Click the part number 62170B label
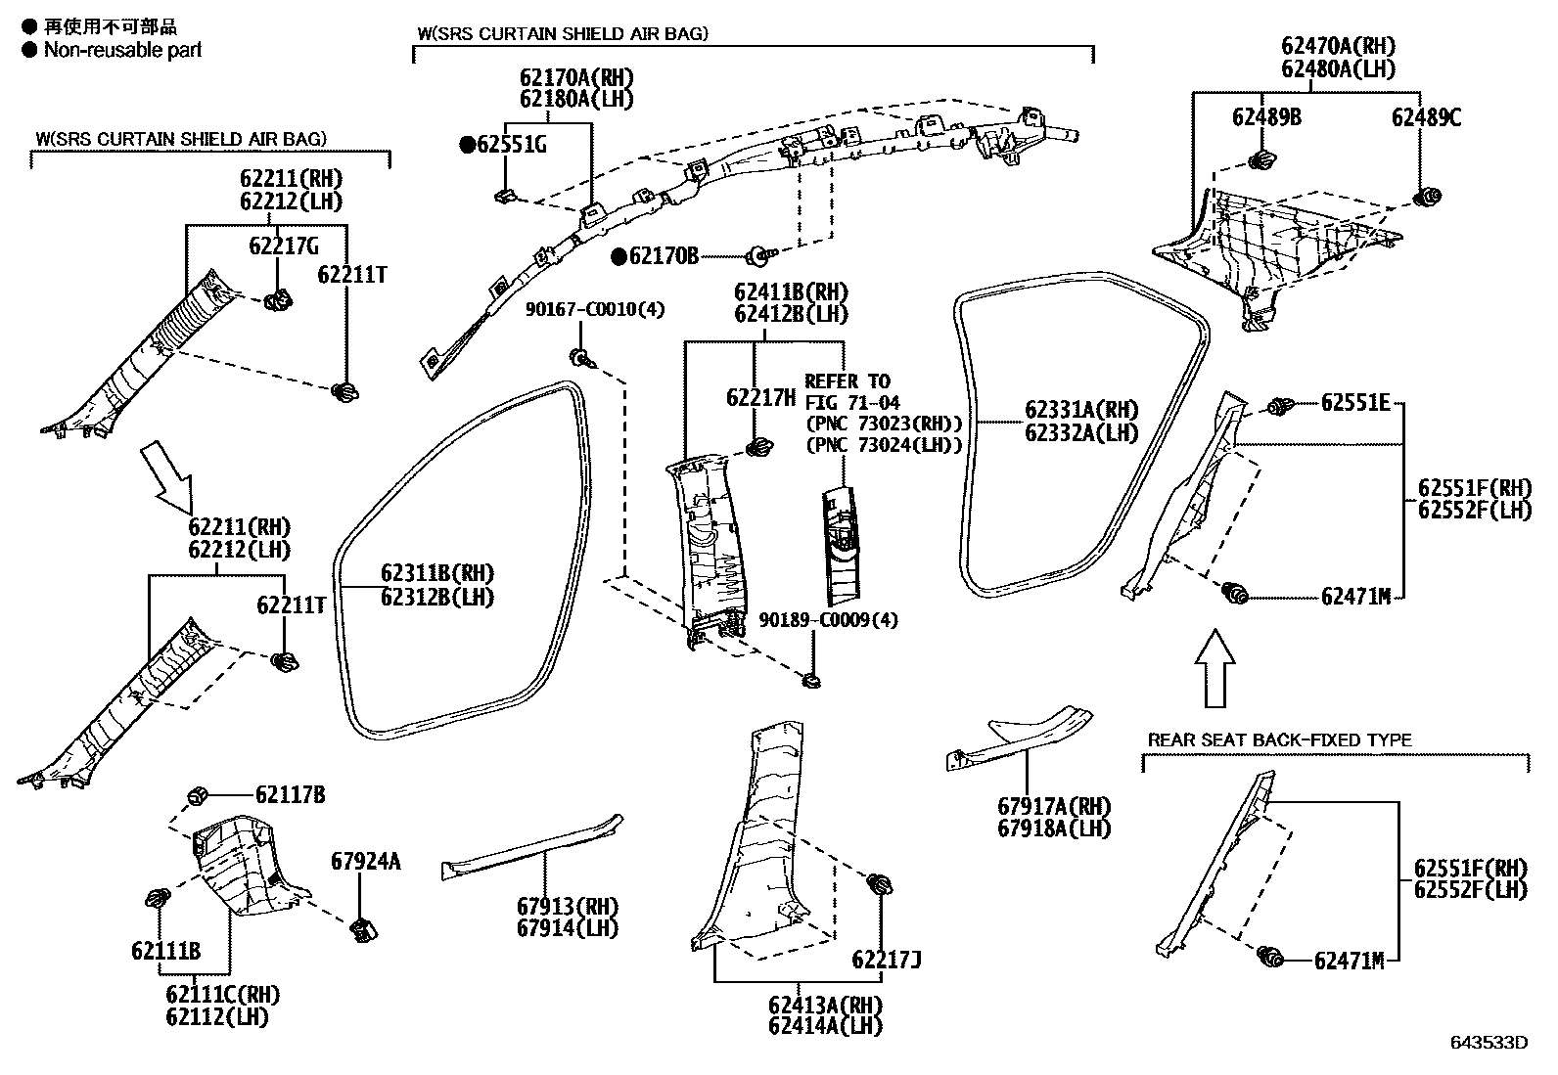(664, 256)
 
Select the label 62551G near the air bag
(511, 145)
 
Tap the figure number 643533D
(1488, 1042)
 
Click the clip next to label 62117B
(196, 794)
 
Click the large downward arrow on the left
(167, 476)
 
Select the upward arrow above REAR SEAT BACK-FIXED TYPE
(1215, 668)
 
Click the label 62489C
(1426, 118)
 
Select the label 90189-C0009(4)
(828, 620)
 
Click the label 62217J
(886, 960)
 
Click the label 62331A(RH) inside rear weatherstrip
(1081, 410)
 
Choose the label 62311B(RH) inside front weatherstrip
(436, 573)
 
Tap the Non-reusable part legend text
(122, 49)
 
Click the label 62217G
(283, 246)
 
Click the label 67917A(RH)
(1054, 806)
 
